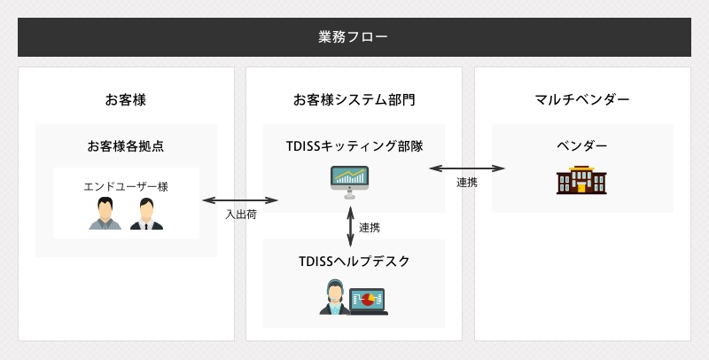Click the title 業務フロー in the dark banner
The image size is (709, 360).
tap(353, 36)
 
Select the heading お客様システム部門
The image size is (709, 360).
tap(354, 99)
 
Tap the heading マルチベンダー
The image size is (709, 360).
tap(582, 99)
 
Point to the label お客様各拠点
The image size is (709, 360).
tap(126, 146)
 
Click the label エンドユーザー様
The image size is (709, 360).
tap(126, 186)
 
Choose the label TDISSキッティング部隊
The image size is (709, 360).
tap(354, 146)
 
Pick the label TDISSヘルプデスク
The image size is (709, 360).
tap(354, 261)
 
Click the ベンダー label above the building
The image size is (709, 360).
tap(582, 145)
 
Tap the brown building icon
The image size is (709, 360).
tap(581, 180)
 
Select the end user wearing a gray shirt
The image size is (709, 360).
tap(105, 214)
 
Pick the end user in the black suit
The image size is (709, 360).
tap(146, 214)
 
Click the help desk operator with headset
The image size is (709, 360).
tap(335, 297)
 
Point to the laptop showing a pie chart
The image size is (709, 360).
tap(368, 301)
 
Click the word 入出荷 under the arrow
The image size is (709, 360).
tap(241, 215)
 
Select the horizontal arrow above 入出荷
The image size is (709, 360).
tap(240, 200)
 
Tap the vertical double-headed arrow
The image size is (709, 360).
tap(350, 227)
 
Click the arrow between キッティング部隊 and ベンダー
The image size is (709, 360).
tap(467, 168)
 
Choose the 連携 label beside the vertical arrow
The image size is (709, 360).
tap(370, 228)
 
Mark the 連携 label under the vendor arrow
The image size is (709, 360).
tap(467, 183)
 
